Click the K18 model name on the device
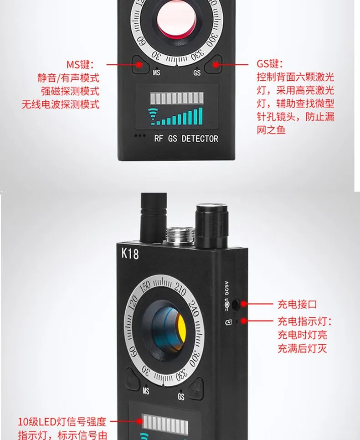tap(130, 254)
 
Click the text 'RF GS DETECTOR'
tap(186, 139)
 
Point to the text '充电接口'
tap(297, 304)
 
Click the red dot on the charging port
tap(244, 304)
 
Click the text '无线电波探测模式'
tap(61, 104)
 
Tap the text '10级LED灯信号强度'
tap(62, 422)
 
